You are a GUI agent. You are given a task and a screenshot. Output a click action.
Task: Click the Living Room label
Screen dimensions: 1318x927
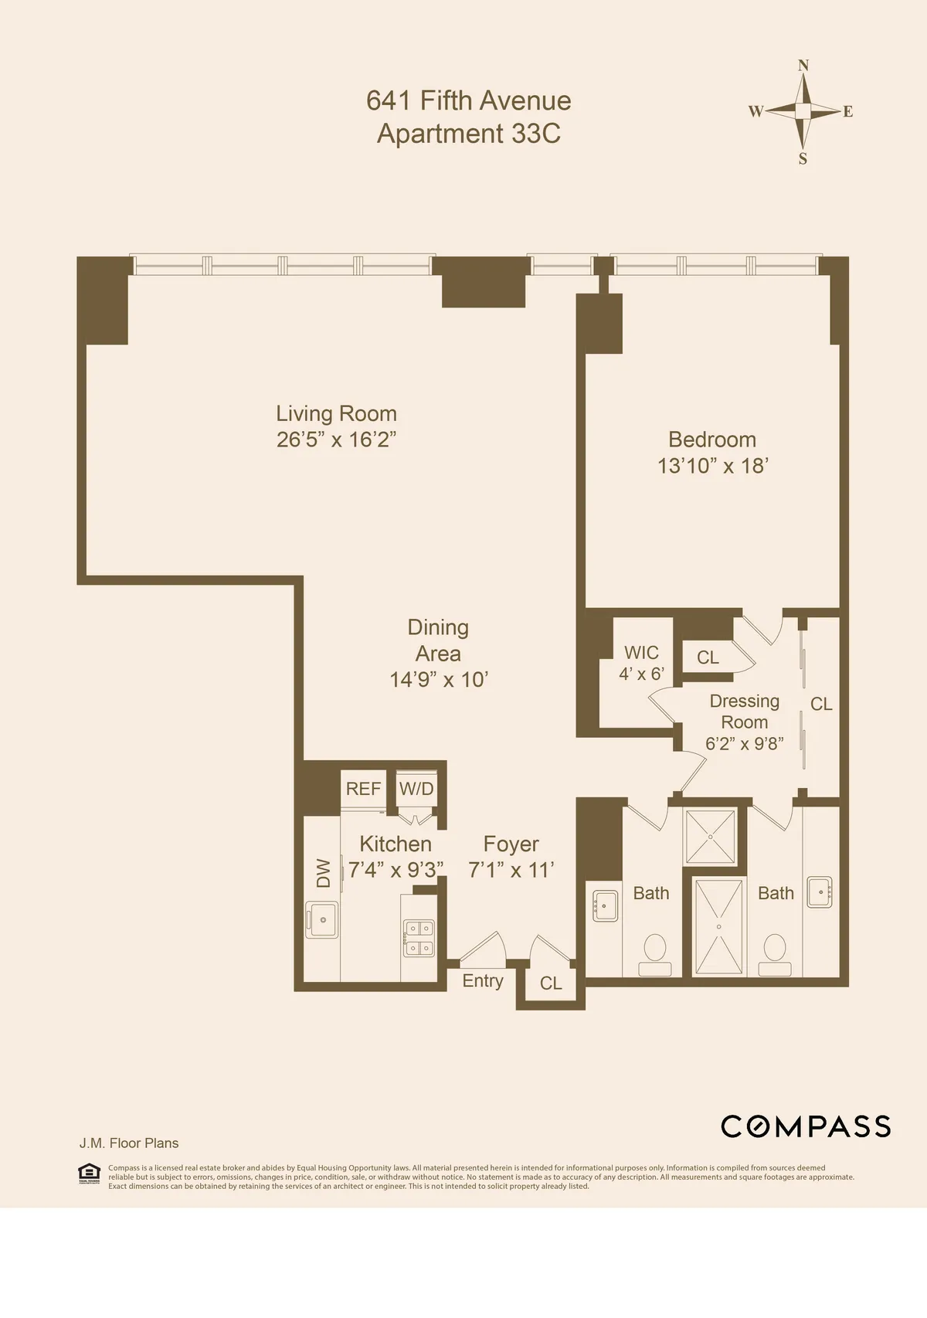click(x=336, y=414)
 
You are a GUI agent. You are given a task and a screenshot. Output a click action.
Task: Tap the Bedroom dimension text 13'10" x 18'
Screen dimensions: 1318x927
click(x=711, y=466)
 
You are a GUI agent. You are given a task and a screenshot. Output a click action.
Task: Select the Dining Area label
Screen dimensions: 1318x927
click(x=438, y=640)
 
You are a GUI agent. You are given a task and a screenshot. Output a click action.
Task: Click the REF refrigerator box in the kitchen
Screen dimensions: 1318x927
click(x=363, y=789)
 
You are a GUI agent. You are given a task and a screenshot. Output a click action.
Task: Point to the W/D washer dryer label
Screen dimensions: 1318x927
click(x=416, y=789)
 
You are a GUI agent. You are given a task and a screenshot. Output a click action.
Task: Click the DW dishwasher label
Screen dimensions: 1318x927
click(x=324, y=873)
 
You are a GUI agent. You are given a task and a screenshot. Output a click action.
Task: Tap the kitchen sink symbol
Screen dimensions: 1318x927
click(x=321, y=919)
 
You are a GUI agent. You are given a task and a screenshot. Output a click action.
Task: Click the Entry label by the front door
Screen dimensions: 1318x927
click(x=483, y=981)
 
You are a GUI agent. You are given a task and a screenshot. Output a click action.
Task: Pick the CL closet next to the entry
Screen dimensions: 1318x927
click(x=551, y=983)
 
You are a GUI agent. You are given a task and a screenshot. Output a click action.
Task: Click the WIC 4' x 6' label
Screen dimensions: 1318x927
click(x=641, y=663)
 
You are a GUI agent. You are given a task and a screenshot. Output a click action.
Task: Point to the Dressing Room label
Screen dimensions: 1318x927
click(x=744, y=712)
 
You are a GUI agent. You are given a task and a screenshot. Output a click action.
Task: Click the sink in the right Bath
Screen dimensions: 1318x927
click(x=820, y=892)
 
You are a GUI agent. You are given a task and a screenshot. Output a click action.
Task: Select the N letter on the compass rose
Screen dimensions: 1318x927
click(x=803, y=66)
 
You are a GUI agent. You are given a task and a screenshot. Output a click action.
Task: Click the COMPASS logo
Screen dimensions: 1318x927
click(x=806, y=1126)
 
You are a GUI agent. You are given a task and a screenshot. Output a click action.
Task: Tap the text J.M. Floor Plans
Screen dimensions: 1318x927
click(x=128, y=1143)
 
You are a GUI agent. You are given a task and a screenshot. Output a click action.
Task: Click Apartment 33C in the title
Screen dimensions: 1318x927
click(x=468, y=134)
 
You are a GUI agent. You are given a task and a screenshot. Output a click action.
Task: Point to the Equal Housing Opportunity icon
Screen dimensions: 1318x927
click(x=90, y=1172)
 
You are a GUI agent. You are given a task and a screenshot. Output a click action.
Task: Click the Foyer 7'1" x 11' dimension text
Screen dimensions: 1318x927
click(x=511, y=871)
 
